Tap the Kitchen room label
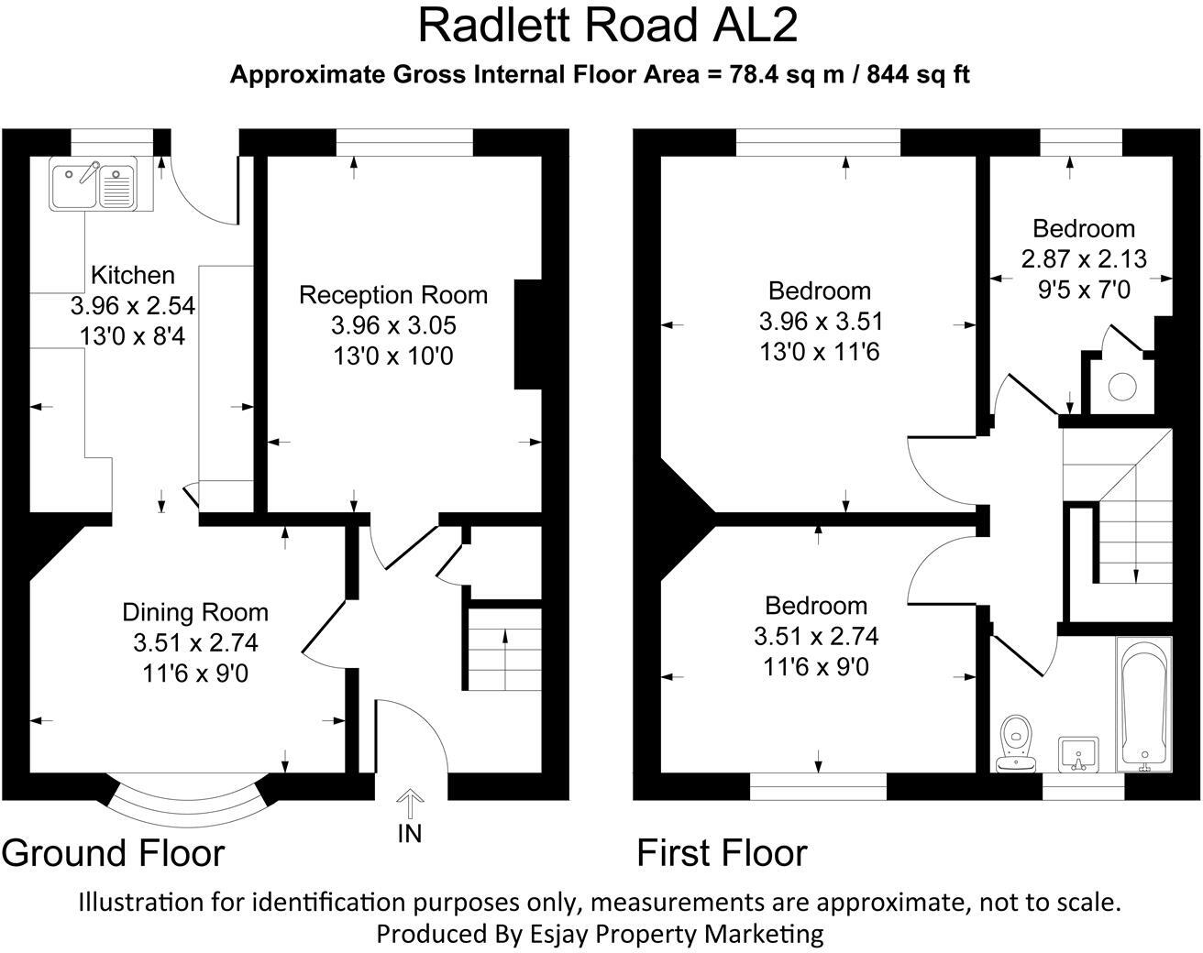(133, 275)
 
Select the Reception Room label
(393, 295)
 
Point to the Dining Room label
(195, 612)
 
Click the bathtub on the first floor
(1143, 704)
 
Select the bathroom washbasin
(1077, 754)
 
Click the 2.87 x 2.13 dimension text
(1084, 259)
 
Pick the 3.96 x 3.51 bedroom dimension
(820, 322)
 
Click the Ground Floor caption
(113, 853)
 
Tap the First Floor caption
(722, 853)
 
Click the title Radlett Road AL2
(607, 26)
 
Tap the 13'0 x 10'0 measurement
(393, 356)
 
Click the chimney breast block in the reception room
(529, 334)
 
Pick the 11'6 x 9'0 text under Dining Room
(195, 674)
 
